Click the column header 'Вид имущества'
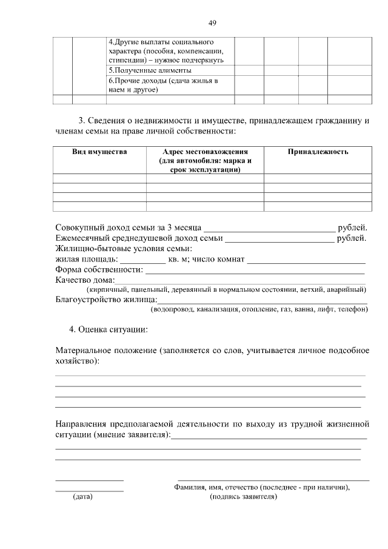pyautogui.click(x=99, y=152)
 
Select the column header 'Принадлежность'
pyautogui.click(x=318, y=152)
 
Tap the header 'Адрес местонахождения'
pyautogui.click(x=205, y=152)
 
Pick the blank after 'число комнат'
pyautogui.click(x=306, y=260)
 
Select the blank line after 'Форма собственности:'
pyautogui.click(x=255, y=270)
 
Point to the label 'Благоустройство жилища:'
pyautogui.click(x=106, y=299)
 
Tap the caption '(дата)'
pyautogui.click(x=82, y=497)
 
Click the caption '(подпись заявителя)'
pyautogui.click(x=243, y=497)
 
